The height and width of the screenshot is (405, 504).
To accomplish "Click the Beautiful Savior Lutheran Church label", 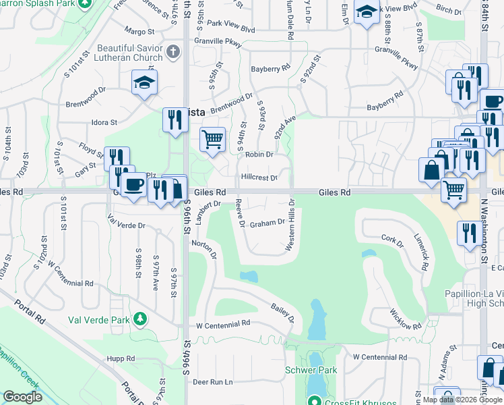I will point(129,53).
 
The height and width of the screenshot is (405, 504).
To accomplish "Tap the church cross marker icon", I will point(173,52).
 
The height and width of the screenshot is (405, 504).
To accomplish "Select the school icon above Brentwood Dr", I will point(144,83).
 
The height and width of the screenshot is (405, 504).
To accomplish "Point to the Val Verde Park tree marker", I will point(139,317).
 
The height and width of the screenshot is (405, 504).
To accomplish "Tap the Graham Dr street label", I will point(267,223).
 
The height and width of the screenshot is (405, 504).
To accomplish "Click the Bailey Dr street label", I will point(283,313).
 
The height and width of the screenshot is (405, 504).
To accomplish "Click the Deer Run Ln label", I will point(212,382).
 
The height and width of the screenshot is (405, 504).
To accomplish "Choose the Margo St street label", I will point(139,30).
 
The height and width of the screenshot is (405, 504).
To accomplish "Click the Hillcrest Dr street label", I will point(259,178).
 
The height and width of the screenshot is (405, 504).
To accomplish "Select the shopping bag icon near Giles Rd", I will point(431,171).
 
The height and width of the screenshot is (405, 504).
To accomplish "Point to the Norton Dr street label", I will point(203,251).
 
